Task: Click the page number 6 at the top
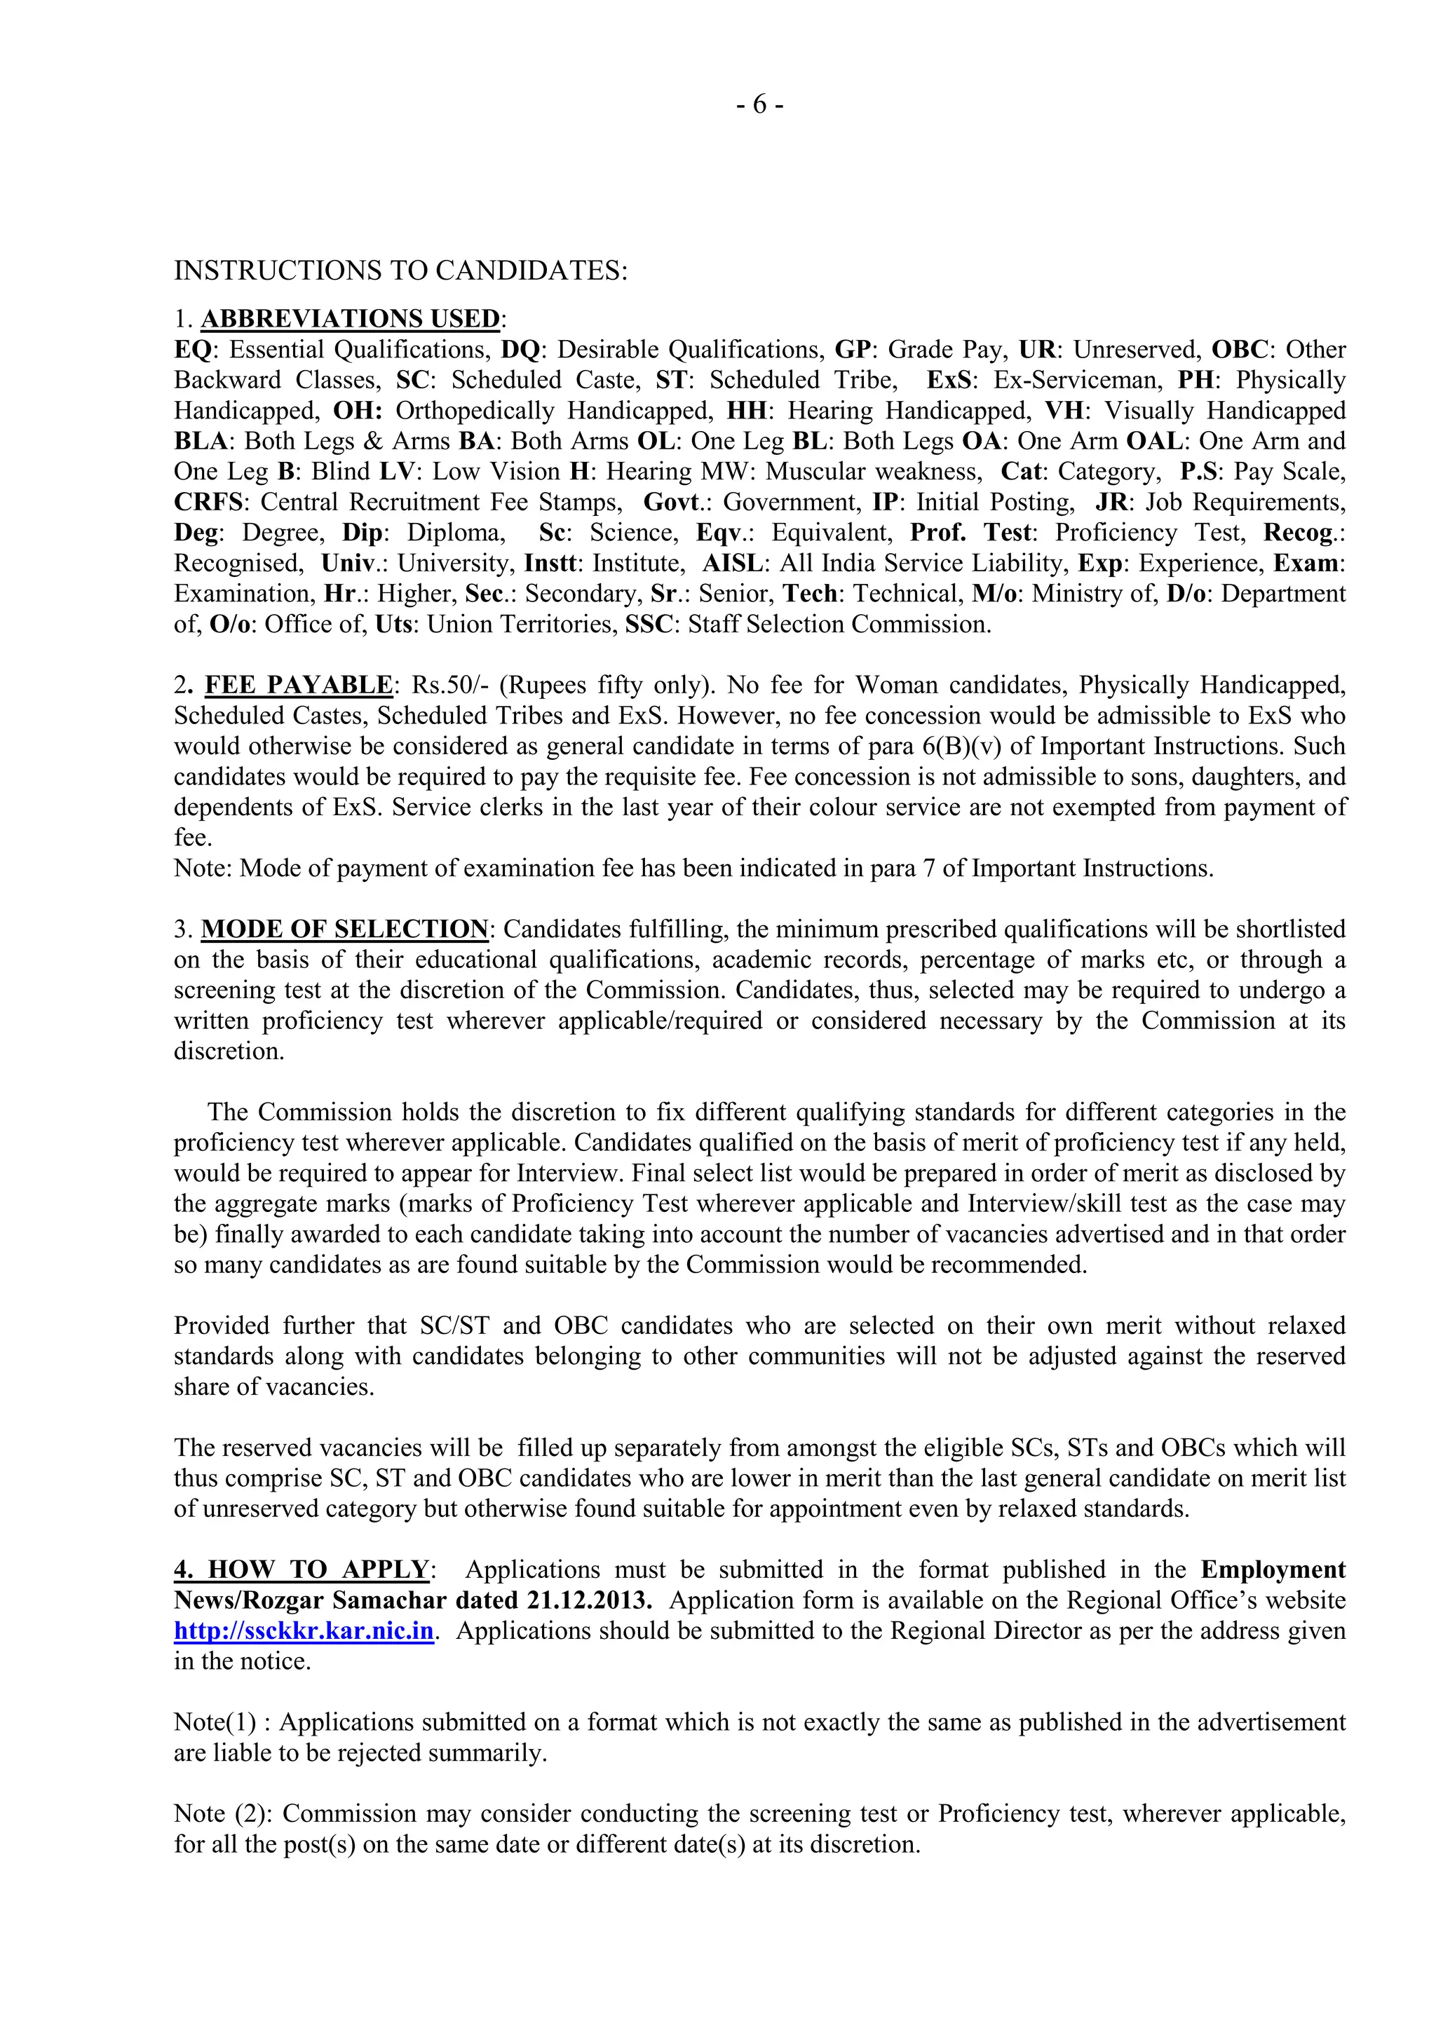pyautogui.click(x=759, y=105)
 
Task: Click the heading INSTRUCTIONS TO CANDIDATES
pyautogui.click(x=400, y=271)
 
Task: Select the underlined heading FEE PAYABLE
pyautogui.click(x=299, y=686)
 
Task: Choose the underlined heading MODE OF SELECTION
pyautogui.click(x=345, y=929)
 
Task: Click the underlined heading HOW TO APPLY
pyautogui.click(x=302, y=1570)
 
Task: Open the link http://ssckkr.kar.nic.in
pyautogui.click(x=304, y=1631)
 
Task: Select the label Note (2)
pyautogui.click(x=223, y=1814)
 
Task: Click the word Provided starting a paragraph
pyautogui.click(x=221, y=1326)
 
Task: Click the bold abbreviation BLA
pyautogui.click(x=203, y=441)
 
